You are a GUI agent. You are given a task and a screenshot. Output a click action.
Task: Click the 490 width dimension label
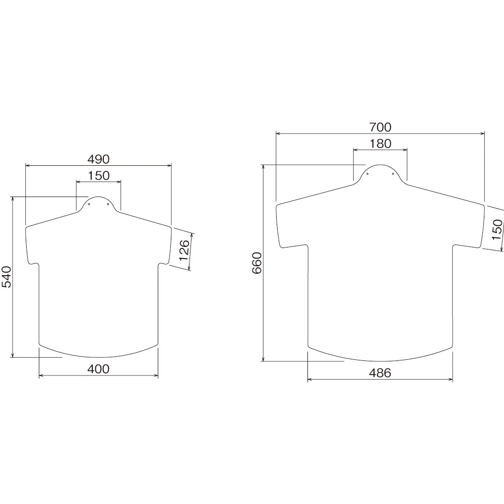(x=98, y=159)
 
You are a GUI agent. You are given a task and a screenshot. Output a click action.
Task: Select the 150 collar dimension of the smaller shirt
(x=98, y=175)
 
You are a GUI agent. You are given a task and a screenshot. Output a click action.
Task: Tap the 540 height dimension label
(x=7, y=277)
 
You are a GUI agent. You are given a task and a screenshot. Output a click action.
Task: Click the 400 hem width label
(x=98, y=369)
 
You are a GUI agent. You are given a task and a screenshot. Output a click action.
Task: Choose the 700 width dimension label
(x=380, y=128)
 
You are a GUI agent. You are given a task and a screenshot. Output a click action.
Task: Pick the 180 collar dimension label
(x=380, y=144)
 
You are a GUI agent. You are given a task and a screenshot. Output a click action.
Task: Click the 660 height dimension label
(x=257, y=263)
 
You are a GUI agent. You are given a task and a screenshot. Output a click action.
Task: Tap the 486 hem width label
(x=380, y=373)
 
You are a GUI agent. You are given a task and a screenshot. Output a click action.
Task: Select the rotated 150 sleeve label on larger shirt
(x=497, y=229)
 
